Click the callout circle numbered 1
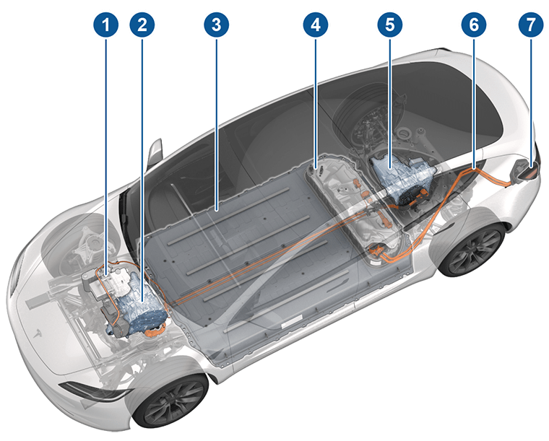108,25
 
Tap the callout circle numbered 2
142,25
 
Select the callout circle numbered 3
216,25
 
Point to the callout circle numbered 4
314,25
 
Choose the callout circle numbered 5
389,25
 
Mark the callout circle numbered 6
473,25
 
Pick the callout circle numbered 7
531,25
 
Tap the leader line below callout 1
108,144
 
